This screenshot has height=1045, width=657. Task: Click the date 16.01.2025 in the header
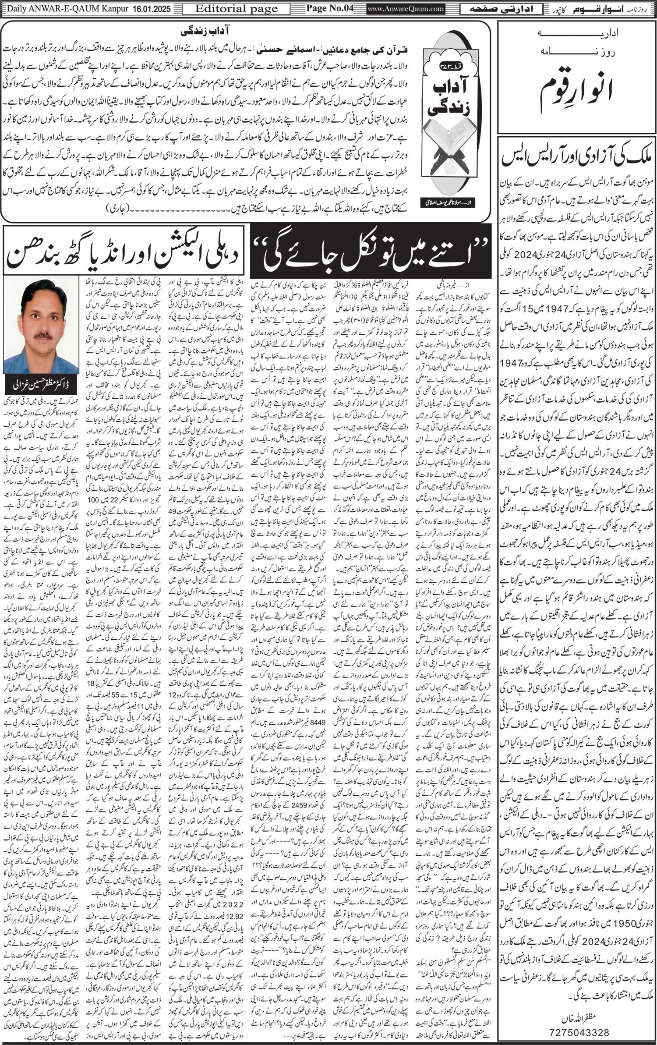150,8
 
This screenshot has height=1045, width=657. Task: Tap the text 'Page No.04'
329,8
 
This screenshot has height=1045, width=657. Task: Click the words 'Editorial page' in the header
236,8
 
